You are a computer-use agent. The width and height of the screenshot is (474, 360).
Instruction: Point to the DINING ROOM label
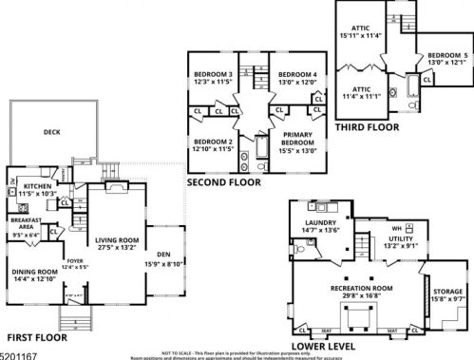click(33, 273)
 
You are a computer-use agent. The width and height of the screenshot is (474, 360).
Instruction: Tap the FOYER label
click(74, 262)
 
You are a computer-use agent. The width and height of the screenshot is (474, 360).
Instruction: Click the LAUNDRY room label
click(321, 225)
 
